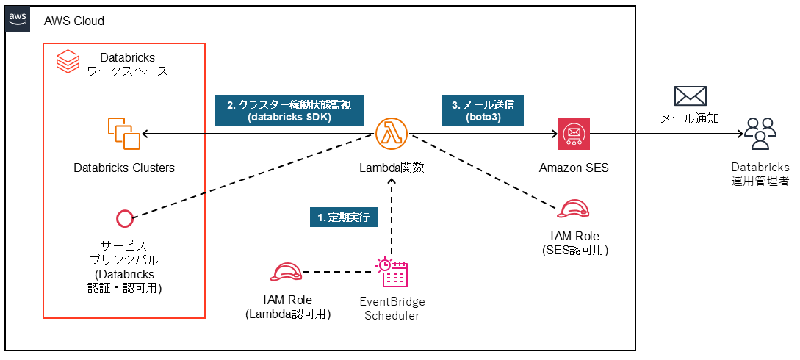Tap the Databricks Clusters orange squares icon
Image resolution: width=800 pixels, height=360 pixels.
(123, 134)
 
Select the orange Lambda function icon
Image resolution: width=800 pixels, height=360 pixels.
(392, 134)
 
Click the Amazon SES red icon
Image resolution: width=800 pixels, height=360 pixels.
(574, 134)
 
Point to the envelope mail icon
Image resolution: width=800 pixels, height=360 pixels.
(690, 96)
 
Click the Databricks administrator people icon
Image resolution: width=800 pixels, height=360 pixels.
(760, 134)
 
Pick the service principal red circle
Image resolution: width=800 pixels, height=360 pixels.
(124, 218)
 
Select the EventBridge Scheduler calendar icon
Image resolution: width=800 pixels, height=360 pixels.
(392, 273)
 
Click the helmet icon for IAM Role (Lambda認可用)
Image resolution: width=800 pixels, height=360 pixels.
(287, 273)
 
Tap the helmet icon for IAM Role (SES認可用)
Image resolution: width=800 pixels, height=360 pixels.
(574, 209)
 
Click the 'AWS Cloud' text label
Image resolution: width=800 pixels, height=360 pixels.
(74, 21)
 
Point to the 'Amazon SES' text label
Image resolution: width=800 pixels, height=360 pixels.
(574, 168)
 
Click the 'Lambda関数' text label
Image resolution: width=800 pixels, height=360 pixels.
(392, 168)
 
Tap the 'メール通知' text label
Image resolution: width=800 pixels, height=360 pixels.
(690, 118)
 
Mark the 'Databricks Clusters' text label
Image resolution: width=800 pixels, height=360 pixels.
(124, 168)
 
